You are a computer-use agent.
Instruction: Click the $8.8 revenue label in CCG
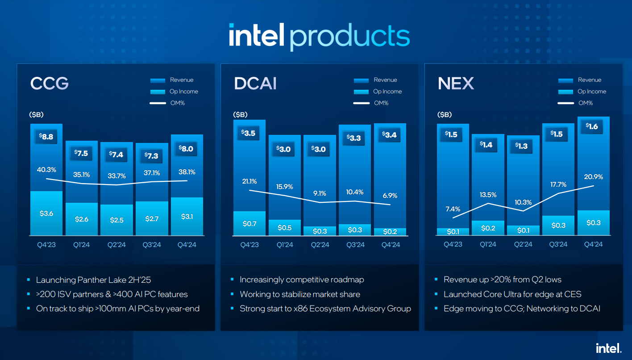(46, 137)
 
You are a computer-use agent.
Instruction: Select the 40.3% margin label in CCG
(46, 170)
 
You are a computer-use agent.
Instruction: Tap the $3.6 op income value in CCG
(46, 213)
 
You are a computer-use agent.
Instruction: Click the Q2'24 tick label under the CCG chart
(116, 245)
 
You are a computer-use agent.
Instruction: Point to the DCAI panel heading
(255, 84)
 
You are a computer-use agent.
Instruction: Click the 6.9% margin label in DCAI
(390, 196)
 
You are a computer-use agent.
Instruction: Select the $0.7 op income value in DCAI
(249, 223)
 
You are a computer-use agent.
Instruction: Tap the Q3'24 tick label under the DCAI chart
(355, 245)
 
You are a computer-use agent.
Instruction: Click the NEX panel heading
(456, 84)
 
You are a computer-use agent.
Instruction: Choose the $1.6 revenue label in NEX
(594, 127)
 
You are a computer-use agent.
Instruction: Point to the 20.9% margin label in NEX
(594, 177)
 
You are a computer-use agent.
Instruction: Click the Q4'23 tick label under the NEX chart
(453, 244)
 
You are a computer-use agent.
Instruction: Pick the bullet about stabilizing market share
(299, 294)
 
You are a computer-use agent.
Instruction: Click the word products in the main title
(350, 36)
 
